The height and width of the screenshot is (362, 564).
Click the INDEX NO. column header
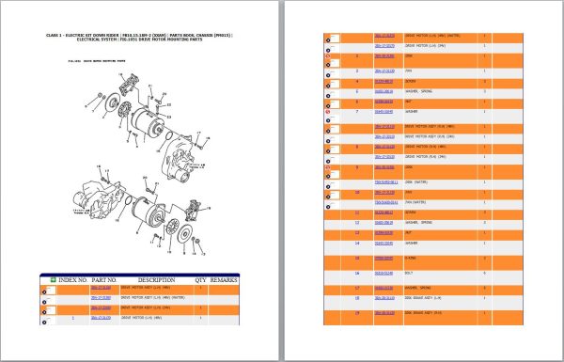[x=71, y=279]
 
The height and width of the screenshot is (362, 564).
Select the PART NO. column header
[x=103, y=279]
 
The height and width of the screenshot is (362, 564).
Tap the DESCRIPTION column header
[x=157, y=279]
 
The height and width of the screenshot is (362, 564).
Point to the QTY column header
[x=200, y=279]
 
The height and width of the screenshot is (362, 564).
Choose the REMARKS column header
[x=225, y=279]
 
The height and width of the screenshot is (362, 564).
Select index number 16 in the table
[x=357, y=273]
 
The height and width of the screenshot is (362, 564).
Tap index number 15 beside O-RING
[x=357, y=257]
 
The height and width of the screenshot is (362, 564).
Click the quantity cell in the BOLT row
[x=484, y=273]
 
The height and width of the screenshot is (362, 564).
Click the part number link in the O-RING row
[x=384, y=257]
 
